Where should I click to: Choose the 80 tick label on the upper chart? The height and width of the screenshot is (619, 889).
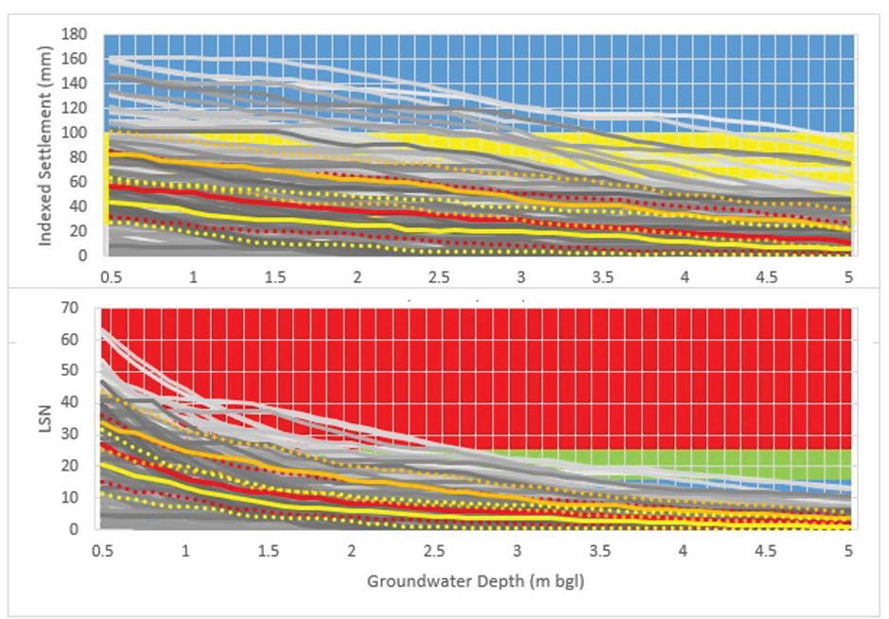pyautogui.click(x=78, y=157)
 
